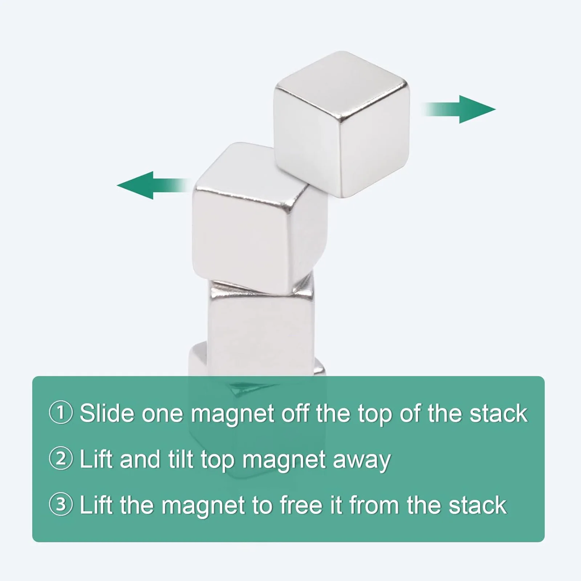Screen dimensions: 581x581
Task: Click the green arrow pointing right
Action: click(x=468, y=109)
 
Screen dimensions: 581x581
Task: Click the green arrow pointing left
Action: click(x=145, y=185)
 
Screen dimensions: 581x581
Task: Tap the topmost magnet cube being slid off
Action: click(x=341, y=123)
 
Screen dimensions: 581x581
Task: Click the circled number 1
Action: click(x=61, y=413)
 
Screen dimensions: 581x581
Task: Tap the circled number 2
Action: click(x=61, y=459)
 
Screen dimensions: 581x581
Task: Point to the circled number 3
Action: click(x=61, y=504)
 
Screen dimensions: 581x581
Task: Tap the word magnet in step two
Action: click(x=284, y=460)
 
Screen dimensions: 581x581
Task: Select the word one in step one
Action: click(x=162, y=414)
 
